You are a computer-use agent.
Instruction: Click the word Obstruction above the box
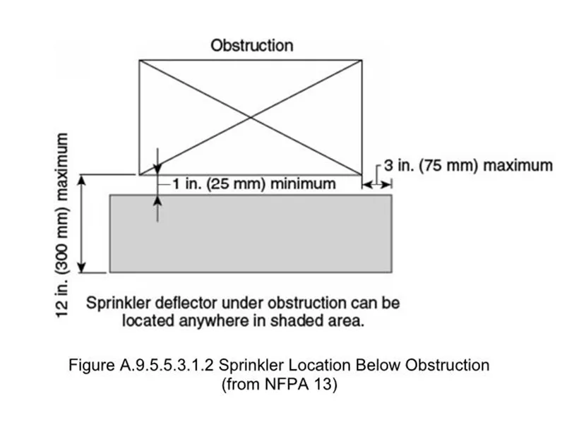coord(251,46)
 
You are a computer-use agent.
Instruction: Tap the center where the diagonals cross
coord(251,118)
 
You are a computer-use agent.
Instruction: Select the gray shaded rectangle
coord(251,233)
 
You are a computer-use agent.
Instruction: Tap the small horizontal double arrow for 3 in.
coord(376,184)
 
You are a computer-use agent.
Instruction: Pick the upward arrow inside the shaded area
coord(157,205)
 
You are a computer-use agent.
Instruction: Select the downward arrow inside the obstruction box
coord(157,160)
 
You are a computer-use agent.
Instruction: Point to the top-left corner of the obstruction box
coord(138,61)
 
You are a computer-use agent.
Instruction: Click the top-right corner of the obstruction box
coord(362,61)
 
